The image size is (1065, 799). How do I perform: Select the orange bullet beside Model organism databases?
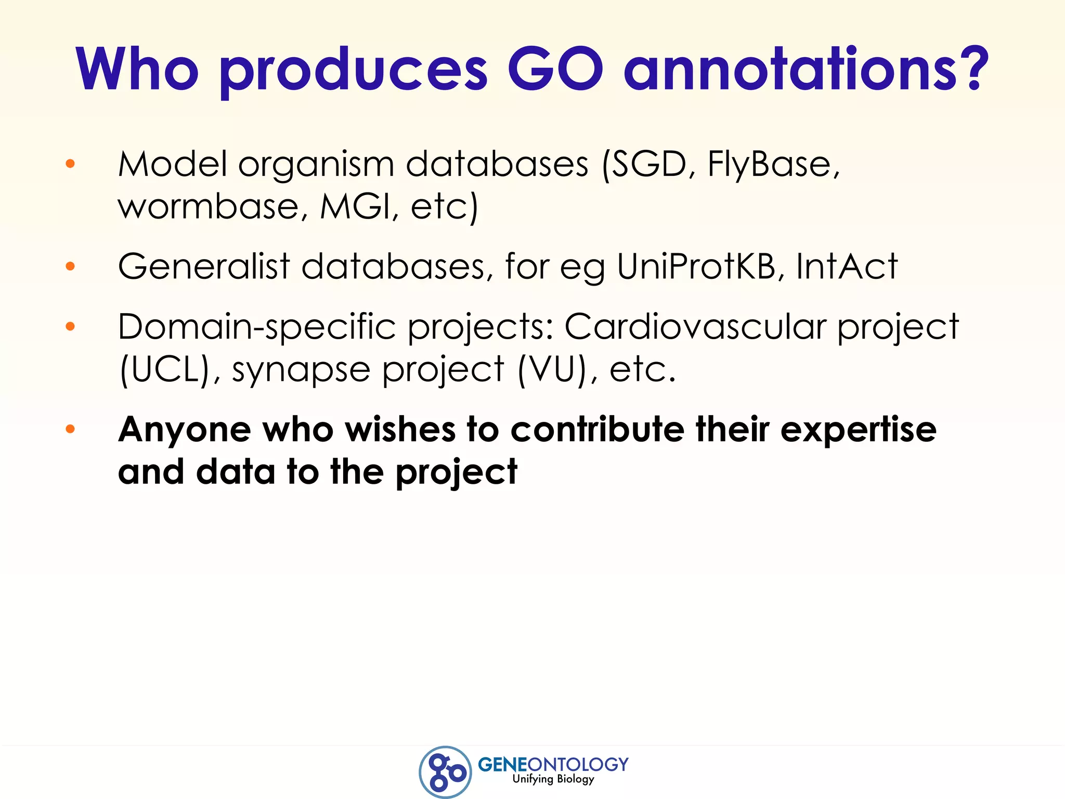click(x=70, y=164)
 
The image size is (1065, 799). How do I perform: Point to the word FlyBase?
click(x=773, y=164)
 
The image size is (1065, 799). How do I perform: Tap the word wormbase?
click(x=209, y=207)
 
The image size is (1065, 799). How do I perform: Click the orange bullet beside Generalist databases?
click(x=70, y=266)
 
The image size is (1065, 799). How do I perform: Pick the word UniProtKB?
click(x=695, y=266)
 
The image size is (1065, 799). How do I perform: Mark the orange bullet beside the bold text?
click(x=70, y=429)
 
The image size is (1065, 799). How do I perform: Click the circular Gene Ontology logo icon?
click(x=445, y=771)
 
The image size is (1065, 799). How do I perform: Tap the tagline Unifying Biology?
click(x=553, y=779)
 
